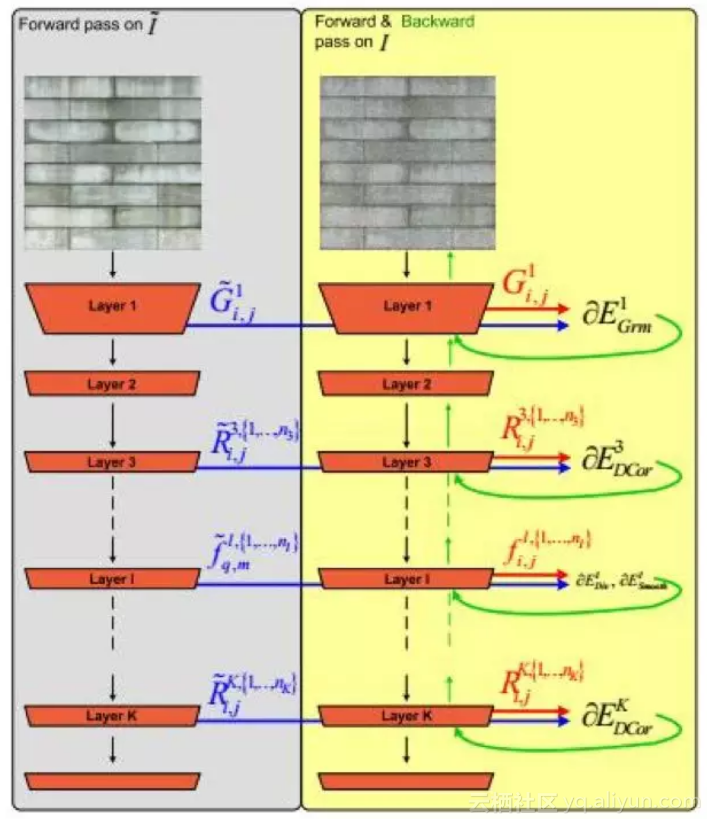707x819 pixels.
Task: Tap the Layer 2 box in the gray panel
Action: pyautogui.click(x=112, y=384)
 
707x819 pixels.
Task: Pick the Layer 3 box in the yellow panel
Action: pyautogui.click(x=406, y=462)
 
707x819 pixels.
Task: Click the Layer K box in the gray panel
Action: pyautogui.click(x=112, y=716)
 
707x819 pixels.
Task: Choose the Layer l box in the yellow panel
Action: pyautogui.click(x=406, y=579)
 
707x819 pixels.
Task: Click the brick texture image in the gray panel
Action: pyautogui.click(x=113, y=163)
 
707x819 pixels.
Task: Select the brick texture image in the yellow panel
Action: pyautogui.click(x=408, y=163)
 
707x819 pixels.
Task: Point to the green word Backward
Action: pyautogui.click(x=438, y=21)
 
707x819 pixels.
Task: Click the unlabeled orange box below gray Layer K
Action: pyautogui.click(x=112, y=781)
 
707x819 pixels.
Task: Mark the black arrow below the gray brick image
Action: pyautogui.click(x=113, y=266)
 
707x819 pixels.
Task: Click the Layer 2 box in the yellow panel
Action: pyautogui.click(x=406, y=384)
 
